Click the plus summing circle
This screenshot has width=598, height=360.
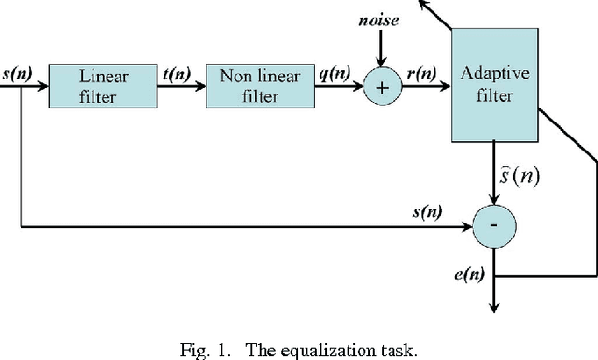pyautogui.click(x=382, y=87)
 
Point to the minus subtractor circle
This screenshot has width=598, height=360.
pyautogui.click(x=496, y=227)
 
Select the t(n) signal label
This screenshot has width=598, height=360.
pyautogui.click(x=175, y=73)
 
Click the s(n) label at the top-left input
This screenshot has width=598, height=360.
pyautogui.click(x=14, y=73)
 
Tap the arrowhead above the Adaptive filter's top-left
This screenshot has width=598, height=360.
pyautogui.click(x=427, y=5)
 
